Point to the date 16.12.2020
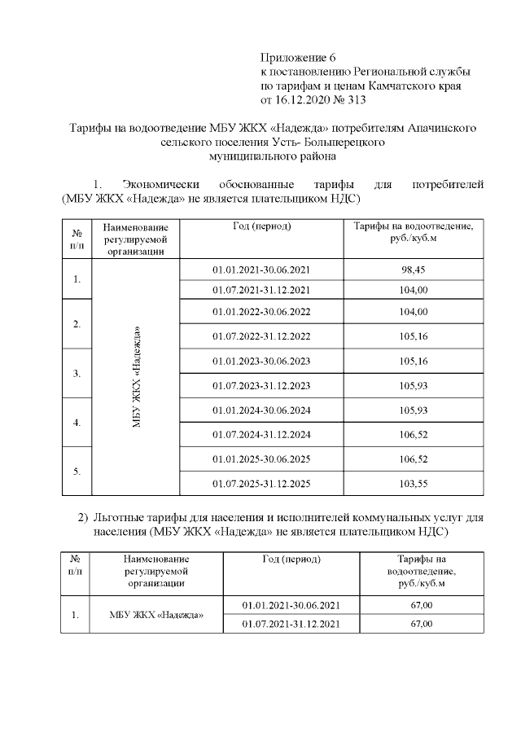(x=305, y=101)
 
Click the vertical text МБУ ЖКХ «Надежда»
(x=136, y=376)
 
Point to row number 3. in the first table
(x=77, y=373)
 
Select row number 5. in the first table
(x=77, y=471)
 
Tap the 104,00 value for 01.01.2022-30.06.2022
(x=413, y=312)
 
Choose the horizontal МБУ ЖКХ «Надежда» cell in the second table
(x=156, y=615)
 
